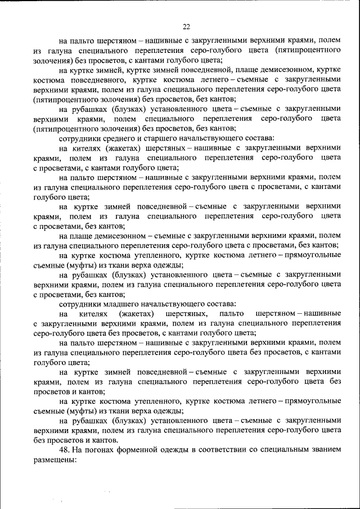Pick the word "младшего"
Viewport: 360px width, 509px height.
(x=117, y=304)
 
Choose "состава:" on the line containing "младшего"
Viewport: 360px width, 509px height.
(x=220, y=304)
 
